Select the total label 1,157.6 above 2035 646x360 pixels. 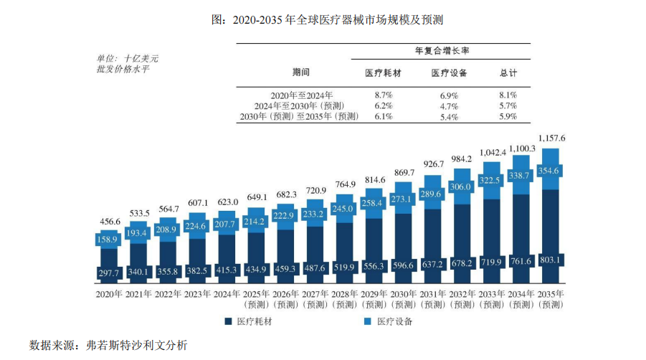coord(551,138)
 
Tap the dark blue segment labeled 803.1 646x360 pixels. coord(551,259)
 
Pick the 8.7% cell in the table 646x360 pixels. coord(384,95)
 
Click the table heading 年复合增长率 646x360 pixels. coord(441,51)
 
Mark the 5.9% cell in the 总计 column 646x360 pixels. coord(508,116)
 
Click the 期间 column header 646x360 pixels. coord(302,72)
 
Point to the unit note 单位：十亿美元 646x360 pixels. coord(127,58)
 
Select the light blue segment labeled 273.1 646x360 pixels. coord(404,199)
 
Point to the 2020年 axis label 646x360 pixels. coord(109,294)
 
